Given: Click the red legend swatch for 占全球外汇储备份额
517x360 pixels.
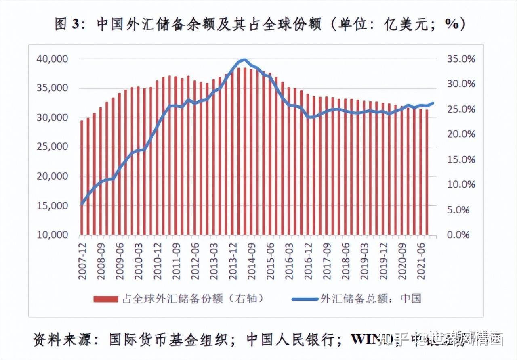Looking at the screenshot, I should click(106, 299).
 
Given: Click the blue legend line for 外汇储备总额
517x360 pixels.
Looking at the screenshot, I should click(305, 299).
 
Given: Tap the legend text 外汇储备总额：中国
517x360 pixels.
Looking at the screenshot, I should click(370, 299).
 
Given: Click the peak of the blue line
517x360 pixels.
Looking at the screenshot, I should click(244, 60).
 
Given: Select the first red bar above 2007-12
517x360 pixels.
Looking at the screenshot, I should click(82, 178).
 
